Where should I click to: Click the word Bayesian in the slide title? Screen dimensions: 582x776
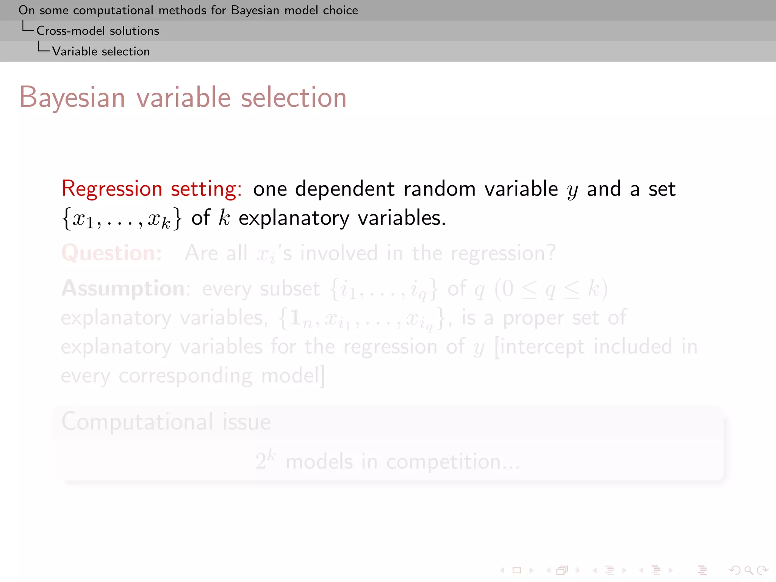[72, 98]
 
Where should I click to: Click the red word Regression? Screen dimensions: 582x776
[112, 189]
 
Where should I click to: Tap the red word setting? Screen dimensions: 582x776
[206, 189]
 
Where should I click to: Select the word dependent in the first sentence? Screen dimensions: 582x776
[345, 189]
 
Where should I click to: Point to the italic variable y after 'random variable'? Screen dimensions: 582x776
[572, 190]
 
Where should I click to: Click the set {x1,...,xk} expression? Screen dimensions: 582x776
[122, 219]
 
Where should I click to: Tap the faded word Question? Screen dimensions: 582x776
[112, 253]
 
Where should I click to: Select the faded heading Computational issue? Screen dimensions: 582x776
[166, 422]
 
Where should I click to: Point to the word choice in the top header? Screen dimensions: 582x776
[340, 10]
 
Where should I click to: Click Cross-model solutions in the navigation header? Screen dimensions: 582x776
[98, 31]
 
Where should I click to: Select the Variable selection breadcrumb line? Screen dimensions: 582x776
[101, 51]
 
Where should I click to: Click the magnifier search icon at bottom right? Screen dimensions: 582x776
[748, 570]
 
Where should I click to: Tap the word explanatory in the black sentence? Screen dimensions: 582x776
[294, 218]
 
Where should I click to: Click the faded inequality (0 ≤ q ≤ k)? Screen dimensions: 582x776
[551, 289]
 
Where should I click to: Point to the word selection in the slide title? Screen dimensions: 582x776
[294, 98]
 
